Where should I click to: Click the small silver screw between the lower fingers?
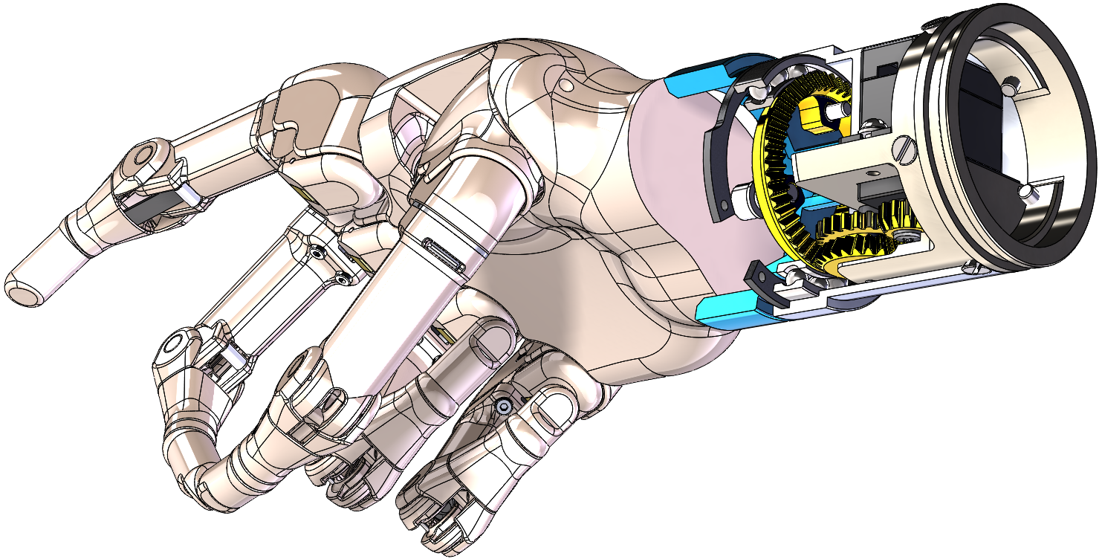tap(504, 407)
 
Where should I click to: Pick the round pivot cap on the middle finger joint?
tap(175, 344)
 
